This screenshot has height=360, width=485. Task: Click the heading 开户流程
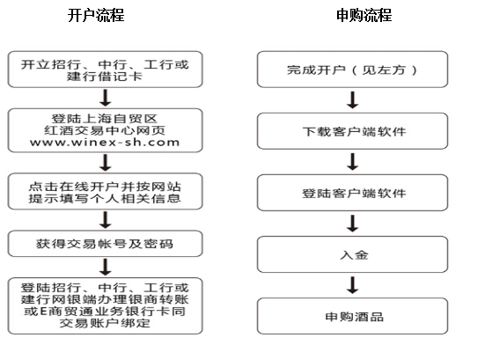[x=96, y=15]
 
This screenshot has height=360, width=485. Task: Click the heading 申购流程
[x=364, y=15]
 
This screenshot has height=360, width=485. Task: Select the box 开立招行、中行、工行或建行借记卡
[x=105, y=70]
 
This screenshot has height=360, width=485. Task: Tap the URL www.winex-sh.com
[x=105, y=143]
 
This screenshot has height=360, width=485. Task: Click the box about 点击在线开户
[x=105, y=191]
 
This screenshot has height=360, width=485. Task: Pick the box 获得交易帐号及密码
[x=105, y=244]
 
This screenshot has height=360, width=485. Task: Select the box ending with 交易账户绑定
[x=105, y=305]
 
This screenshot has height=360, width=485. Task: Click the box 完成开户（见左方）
[x=352, y=70]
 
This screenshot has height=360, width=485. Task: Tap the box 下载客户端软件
[x=352, y=131]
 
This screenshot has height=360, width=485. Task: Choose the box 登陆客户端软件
[x=352, y=193]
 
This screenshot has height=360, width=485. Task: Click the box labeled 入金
[x=352, y=254]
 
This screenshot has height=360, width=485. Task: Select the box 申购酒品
[x=352, y=316]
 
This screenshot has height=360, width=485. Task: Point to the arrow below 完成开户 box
[x=353, y=99]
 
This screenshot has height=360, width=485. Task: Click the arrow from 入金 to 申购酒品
[x=353, y=285]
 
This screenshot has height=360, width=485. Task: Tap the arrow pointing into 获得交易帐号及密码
[x=106, y=220]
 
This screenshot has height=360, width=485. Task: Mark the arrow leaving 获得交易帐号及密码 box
[x=106, y=268]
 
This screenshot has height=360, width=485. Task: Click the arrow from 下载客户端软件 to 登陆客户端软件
[x=353, y=162]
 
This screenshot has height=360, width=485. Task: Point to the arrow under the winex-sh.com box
[x=106, y=163]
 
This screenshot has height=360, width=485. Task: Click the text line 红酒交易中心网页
[x=105, y=130]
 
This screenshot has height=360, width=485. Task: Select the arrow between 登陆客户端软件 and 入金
[x=353, y=224]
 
